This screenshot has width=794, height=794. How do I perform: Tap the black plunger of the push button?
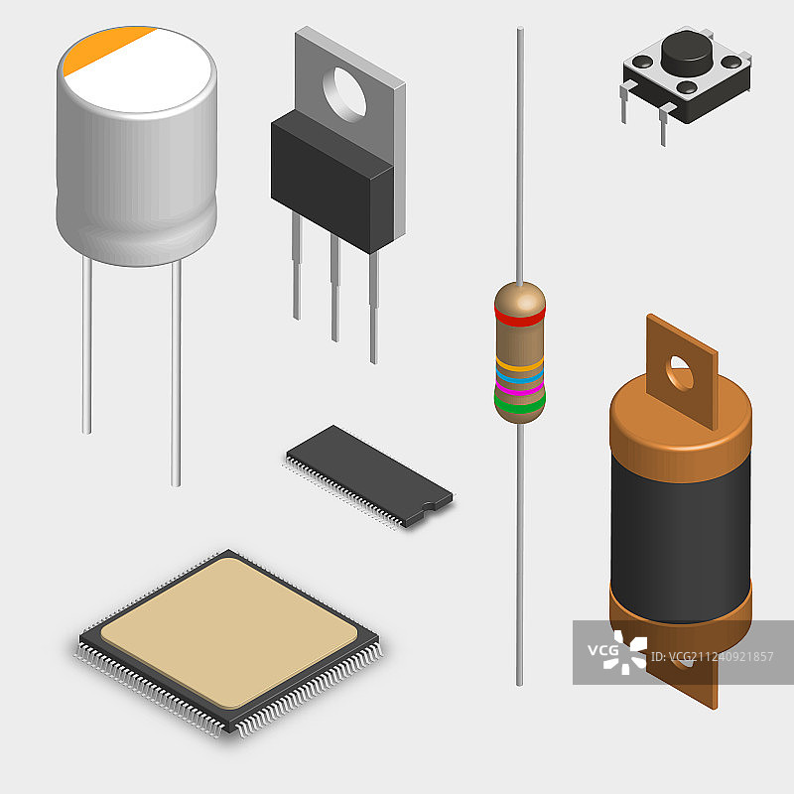point(686,52)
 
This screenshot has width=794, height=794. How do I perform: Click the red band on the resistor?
point(519,318)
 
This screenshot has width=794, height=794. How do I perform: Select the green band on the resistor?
point(519,404)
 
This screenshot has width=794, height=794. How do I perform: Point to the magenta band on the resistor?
point(519,389)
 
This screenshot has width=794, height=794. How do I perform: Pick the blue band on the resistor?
point(519,376)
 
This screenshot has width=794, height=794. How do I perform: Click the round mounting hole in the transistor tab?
point(344,94)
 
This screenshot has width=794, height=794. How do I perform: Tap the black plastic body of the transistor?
point(332,182)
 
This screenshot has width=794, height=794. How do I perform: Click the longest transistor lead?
point(374,308)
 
